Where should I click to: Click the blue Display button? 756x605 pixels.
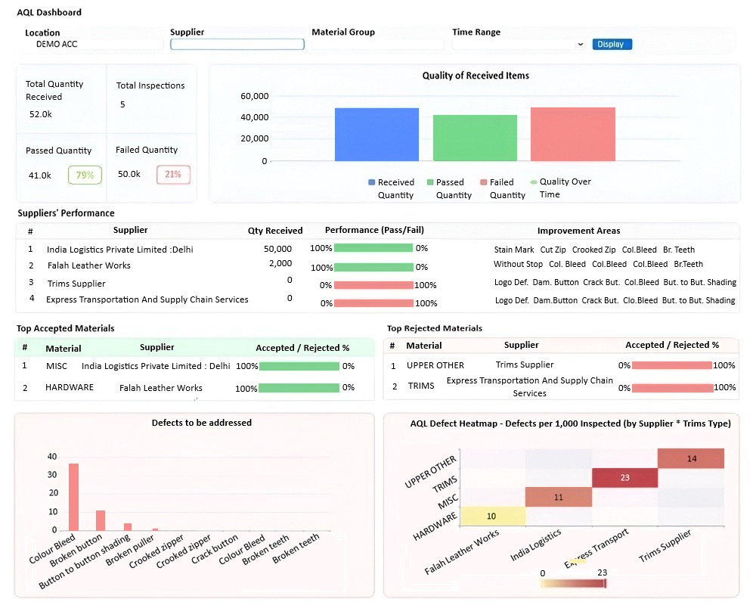(612, 45)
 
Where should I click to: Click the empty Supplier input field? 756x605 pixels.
(237, 45)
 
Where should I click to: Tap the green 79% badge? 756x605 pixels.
(85, 175)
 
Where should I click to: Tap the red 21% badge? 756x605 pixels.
(173, 174)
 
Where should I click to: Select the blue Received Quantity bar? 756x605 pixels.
(376, 135)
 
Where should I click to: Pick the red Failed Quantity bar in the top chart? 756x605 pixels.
(573, 134)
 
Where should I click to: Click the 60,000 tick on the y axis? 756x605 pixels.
(255, 96)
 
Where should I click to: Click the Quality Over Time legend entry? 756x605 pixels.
(560, 188)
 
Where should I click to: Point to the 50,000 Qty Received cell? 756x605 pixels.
(277, 249)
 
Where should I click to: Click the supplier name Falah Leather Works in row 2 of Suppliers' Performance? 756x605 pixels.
(89, 265)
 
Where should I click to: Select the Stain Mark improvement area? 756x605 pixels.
(514, 250)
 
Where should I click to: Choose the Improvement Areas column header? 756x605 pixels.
(578, 231)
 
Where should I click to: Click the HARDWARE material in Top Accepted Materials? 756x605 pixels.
(70, 387)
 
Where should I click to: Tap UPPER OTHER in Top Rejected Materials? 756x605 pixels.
(435, 365)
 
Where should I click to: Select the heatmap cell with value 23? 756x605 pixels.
(625, 478)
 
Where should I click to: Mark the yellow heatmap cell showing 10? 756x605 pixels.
(493, 516)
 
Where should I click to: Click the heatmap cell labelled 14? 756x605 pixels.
(691, 458)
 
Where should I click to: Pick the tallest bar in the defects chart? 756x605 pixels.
(74, 497)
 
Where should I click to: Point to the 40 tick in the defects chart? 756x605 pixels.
(52, 457)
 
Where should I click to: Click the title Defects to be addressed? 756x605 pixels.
(202, 423)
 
